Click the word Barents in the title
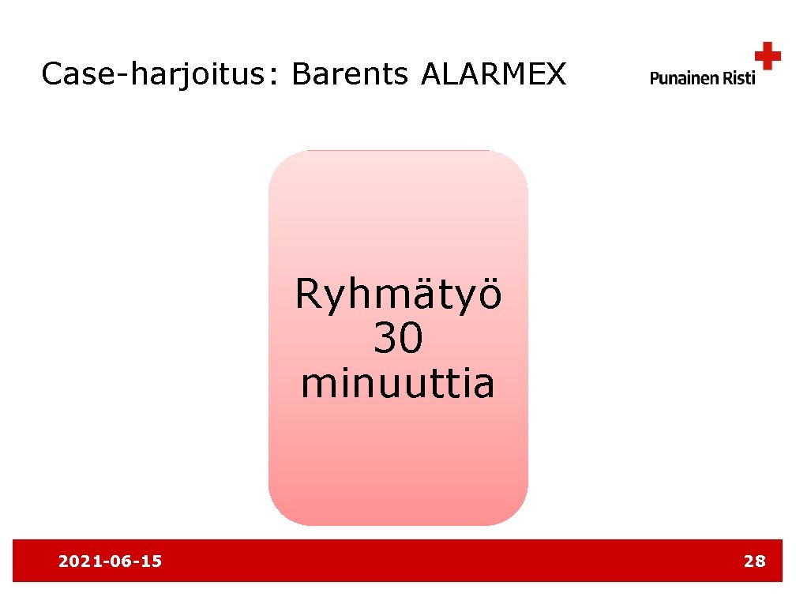coord(350,74)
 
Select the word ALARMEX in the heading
coord(494,74)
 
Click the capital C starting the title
coord(52,74)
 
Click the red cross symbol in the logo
coord(767,56)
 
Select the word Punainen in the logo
coord(683,77)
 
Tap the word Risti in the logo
coord(738,77)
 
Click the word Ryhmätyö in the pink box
coord(398,296)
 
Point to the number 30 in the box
coord(398,340)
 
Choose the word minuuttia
coord(398,384)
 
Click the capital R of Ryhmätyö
coord(308,296)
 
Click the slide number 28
coord(754,561)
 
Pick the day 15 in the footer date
coord(152,561)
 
